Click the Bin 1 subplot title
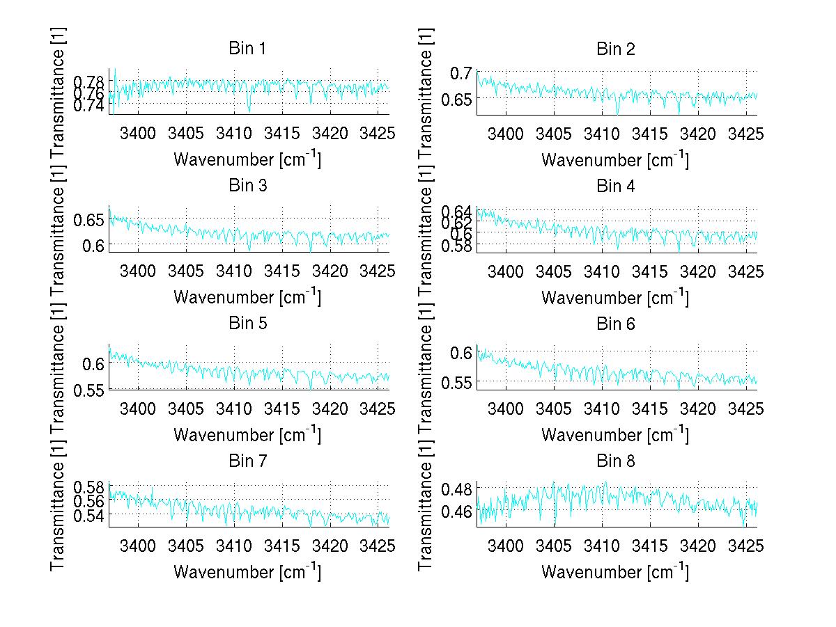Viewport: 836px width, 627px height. [x=247, y=49]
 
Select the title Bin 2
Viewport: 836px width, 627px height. [x=615, y=49]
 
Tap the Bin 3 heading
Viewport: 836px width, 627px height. [x=247, y=186]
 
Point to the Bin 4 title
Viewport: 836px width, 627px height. [x=615, y=186]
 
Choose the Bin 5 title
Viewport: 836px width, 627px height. [x=247, y=324]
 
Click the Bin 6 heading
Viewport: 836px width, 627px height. [x=615, y=324]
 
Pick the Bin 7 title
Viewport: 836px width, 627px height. [x=247, y=461]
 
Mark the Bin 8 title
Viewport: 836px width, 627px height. [x=615, y=461]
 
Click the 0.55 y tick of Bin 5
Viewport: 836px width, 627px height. [x=88, y=389]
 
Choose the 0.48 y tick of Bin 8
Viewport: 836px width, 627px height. [x=457, y=489]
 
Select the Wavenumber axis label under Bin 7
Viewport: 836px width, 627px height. [x=247, y=572]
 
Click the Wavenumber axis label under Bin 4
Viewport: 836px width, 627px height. [x=615, y=297]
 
